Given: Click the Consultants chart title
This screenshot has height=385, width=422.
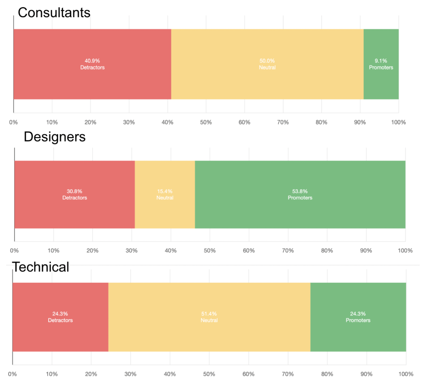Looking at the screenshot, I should point(54,13).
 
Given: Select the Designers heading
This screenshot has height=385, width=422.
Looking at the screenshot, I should point(54,137).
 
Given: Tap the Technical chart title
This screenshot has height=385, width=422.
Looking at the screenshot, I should point(40,267).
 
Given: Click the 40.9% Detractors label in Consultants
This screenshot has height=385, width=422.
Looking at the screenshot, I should point(92,64).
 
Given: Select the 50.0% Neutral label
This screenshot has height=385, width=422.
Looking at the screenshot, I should point(267,64).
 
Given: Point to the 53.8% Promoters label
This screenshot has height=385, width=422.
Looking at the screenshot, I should point(300,194).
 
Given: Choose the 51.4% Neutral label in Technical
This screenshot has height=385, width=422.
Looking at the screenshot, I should point(209,317).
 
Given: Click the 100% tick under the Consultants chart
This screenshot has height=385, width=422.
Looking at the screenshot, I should point(398,122).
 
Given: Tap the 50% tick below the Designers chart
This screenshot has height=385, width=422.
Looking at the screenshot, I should point(210,251).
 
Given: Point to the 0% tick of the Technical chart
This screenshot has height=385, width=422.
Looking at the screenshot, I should point(12,374).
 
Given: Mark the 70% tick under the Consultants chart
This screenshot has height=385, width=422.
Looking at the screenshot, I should point(283,122).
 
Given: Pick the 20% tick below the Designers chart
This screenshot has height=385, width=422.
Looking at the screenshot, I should point(92,251).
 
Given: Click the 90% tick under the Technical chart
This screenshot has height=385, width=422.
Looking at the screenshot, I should point(366,374).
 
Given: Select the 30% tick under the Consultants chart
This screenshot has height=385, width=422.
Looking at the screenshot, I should point(129,122).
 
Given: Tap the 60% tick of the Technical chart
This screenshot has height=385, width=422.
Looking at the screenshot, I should point(248,374).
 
